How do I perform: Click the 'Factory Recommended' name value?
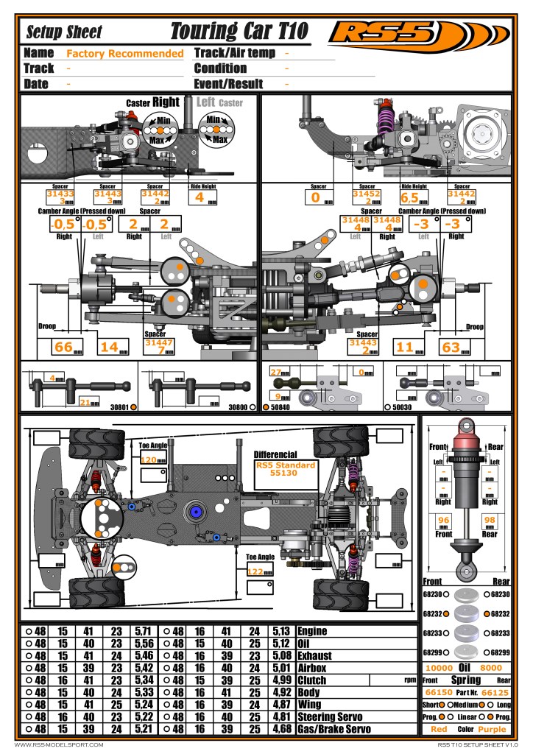124,54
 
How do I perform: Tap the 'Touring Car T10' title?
239,32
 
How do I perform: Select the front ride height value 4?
199,197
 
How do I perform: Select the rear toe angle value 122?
255,571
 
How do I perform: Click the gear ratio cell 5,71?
143,631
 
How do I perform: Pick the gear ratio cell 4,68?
280,730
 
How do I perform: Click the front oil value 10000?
439,668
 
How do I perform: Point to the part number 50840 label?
283,406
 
